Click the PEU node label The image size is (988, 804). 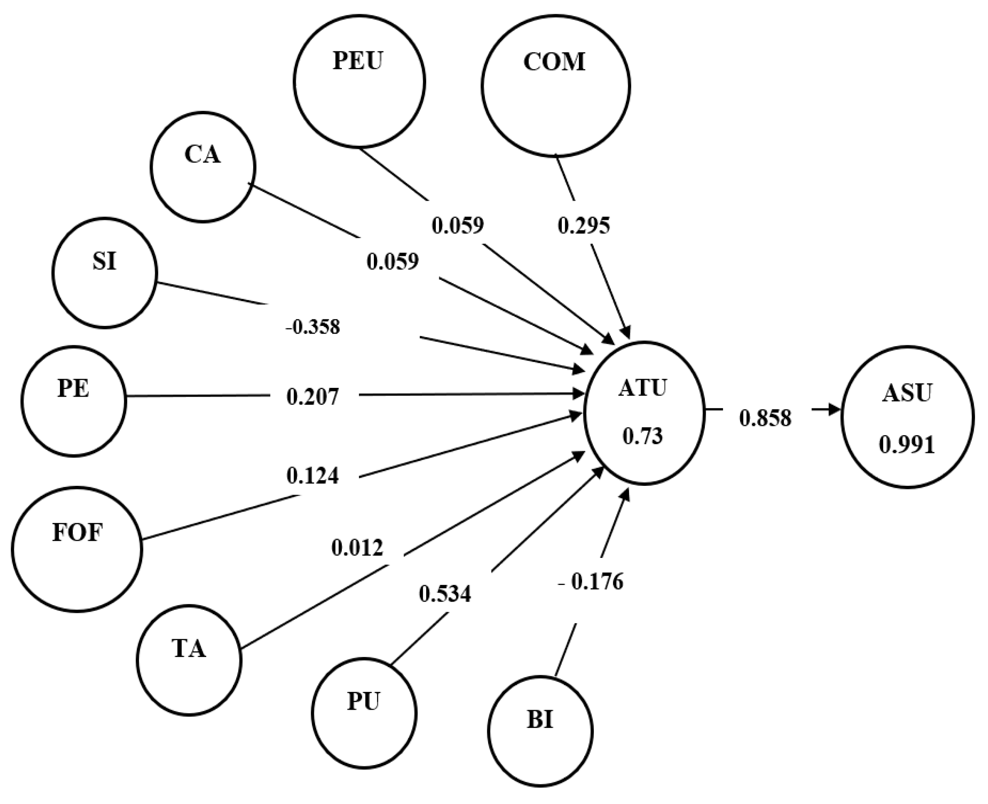(x=358, y=61)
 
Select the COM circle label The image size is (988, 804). (x=554, y=62)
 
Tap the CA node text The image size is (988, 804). (x=203, y=154)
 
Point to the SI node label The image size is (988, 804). (x=104, y=261)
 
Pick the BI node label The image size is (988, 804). (x=540, y=721)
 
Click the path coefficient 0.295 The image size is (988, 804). (x=583, y=225)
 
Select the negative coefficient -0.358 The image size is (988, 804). (x=313, y=327)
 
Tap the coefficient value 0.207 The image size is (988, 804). (x=313, y=397)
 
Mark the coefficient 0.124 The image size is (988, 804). (x=313, y=476)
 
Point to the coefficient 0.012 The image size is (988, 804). (x=357, y=548)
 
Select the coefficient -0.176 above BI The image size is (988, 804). (x=591, y=582)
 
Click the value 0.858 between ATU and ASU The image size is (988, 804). (x=765, y=418)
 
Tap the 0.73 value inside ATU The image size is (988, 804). (x=643, y=436)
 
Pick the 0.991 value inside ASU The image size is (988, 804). (x=907, y=445)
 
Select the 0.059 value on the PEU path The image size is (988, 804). (x=458, y=225)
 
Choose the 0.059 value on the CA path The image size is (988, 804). (x=393, y=261)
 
